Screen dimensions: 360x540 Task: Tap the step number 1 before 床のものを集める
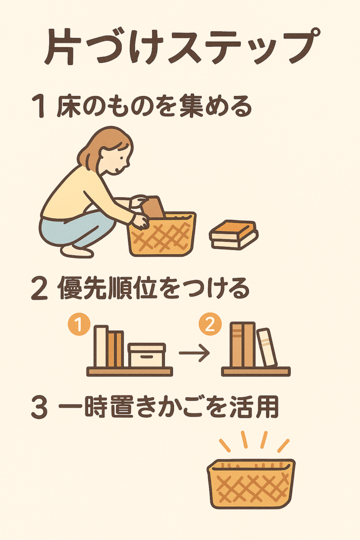click(x=39, y=107)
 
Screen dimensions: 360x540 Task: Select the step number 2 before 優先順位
click(x=39, y=288)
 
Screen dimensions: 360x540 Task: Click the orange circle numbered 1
click(x=79, y=324)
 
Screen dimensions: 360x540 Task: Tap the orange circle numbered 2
click(x=210, y=324)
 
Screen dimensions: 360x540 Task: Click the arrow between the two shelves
click(x=194, y=353)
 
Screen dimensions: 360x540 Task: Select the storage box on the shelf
click(x=147, y=355)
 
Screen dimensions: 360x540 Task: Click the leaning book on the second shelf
click(x=267, y=347)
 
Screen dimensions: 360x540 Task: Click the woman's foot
click(x=77, y=252)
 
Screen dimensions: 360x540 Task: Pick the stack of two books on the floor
click(x=233, y=235)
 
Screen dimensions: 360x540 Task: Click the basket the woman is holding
click(x=162, y=234)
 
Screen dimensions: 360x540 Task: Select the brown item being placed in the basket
click(x=153, y=207)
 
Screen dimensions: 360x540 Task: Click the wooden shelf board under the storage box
click(x=130, y=372)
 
